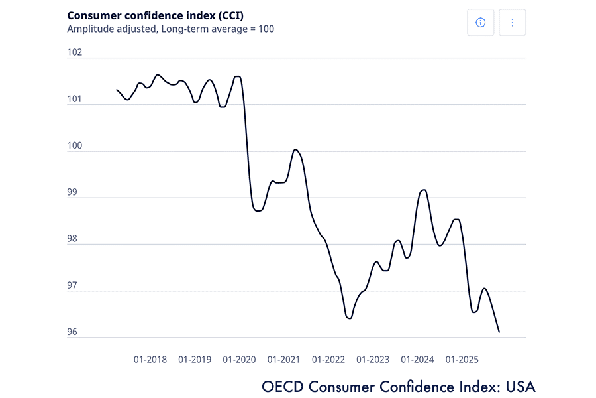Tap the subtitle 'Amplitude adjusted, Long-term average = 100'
(170, 29)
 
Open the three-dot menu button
(512, 23)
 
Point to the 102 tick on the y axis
(74, 52)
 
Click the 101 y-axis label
(74, 99)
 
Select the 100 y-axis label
(74, 146)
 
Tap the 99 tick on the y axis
(74, 193)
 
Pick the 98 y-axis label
(74, 239)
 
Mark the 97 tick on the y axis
(74, 286)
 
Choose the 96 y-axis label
(74, 332)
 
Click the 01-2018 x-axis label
(150, 360)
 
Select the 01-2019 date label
(195, 360)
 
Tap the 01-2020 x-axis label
(239, 360)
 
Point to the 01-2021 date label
(284, 360)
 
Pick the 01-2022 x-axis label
(328, 360)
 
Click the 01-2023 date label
(373, 360)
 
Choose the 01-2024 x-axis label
(417, 360)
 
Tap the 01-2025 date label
(462, 360)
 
